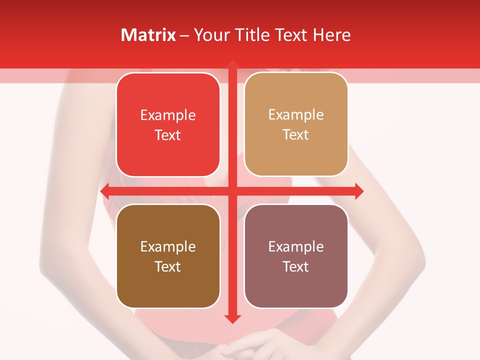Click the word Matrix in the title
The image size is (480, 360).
coord(148,35)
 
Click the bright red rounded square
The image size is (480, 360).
coord(168,124)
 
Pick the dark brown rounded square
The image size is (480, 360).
coord(168,256)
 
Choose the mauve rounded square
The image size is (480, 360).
coord(296,256)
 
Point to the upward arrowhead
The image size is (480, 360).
coord(232,65)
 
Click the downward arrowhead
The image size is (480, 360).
coord(232,318)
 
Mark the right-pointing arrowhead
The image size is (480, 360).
coord(358,191)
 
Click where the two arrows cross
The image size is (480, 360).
coord(232,191)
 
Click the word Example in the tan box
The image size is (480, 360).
coord(296,114)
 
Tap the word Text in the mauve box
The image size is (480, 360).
coord(296,266)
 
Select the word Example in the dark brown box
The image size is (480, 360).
coord(168,246)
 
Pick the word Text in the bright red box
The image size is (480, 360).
coord(168,135)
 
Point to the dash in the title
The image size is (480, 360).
coord(184,35)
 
